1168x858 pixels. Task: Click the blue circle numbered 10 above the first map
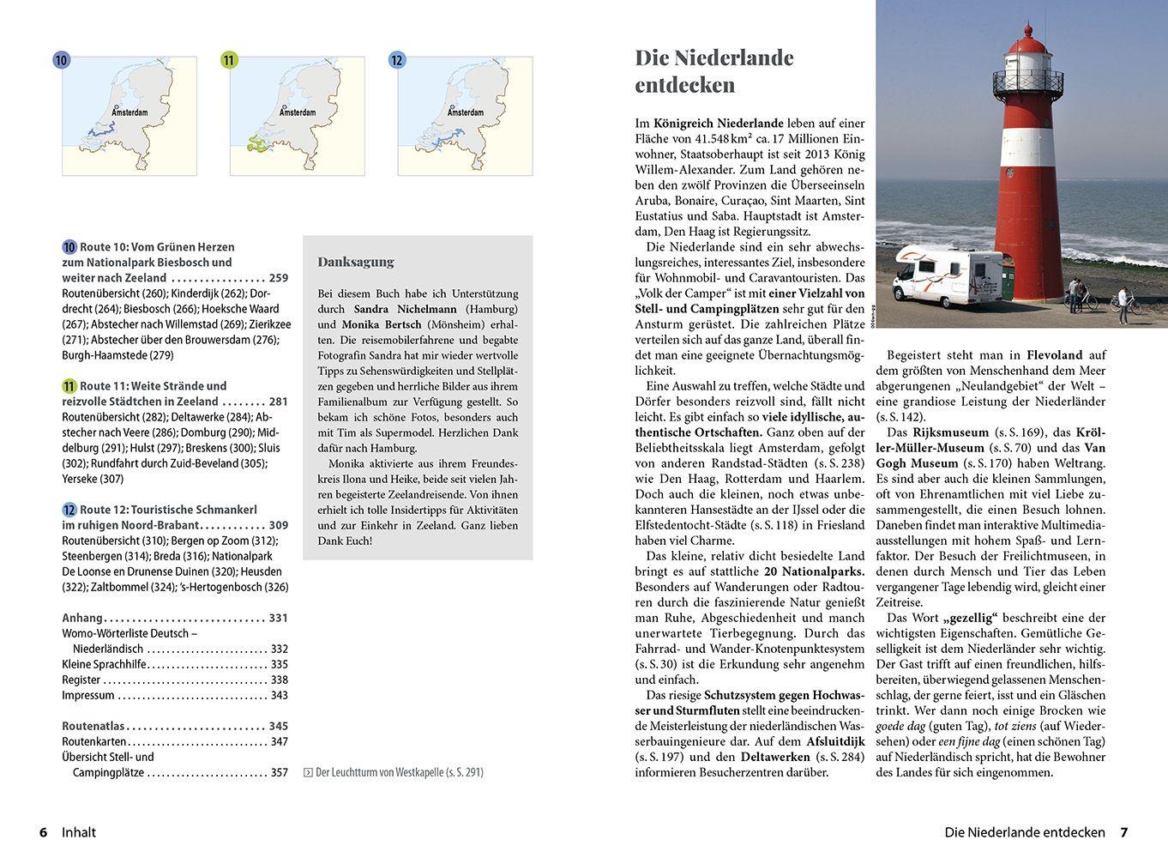click(x=61, y=60)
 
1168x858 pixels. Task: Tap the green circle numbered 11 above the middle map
click(x=229, y=60)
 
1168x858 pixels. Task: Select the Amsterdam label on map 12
click(x=465, y=112)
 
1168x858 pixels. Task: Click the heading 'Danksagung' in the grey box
click(x=356, y=262)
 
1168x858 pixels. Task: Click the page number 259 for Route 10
click(x=279, y=278)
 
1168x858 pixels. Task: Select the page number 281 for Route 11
click(x=279, y=402)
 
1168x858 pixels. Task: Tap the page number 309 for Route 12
click(x=279, y=525)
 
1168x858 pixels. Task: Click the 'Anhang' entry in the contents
click(x=82, y=618)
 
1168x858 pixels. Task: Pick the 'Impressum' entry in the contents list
click(x=88, y=695)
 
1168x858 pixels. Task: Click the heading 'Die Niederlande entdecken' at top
click(x=713, y=71)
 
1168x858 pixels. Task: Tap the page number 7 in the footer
click(x=1123, y=832)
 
